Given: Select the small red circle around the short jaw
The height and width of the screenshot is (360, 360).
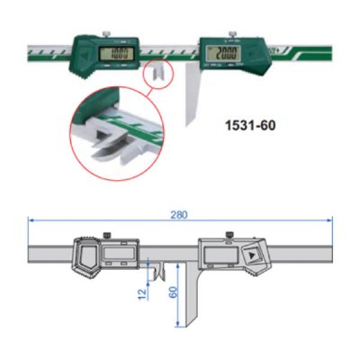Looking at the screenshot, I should tap(157, 71).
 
